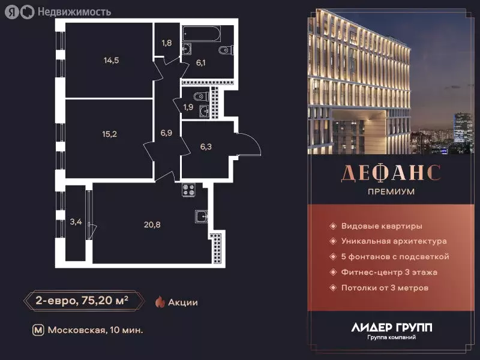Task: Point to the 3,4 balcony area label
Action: click(76, 222)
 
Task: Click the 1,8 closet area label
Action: click(167, 43)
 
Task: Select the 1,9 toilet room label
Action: click(188, 107)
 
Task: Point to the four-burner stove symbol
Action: click(190, 189)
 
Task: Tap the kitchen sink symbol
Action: click(200, 217)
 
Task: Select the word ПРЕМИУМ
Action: click(391, 192)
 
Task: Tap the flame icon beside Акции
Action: click(160, 302)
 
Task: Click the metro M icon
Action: click(38, 330)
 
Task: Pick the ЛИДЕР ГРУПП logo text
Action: click(391, 328)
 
